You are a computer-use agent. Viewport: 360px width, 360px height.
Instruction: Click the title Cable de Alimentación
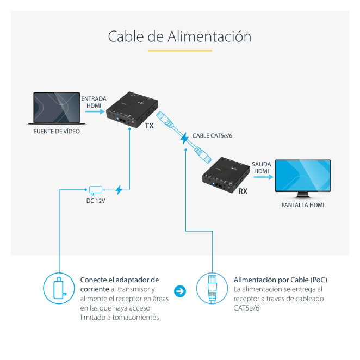click(x=179, y=36)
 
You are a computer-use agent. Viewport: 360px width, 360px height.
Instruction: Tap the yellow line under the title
click(x=179, y=51)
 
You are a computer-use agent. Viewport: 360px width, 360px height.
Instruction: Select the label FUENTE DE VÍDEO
click(x=56, y=131)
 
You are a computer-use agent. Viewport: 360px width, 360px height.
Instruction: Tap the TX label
click(x=150, y=126)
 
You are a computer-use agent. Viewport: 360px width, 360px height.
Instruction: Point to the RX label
click(x=243, y=191)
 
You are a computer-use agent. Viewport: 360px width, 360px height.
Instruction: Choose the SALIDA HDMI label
click(x=261, y=167)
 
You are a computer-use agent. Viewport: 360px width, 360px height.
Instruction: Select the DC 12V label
click(x=96, y=202)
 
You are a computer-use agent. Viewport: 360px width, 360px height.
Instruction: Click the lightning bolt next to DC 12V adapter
click(x=120, y=190)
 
